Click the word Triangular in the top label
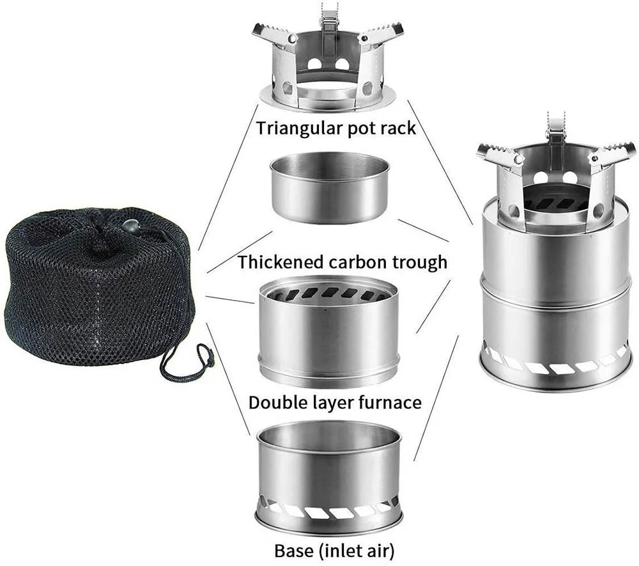click(x=295, y=127)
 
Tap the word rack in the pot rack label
click(x=397, y=127)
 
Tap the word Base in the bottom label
click(x=293, y=550)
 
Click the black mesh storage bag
click(x=96, y=288)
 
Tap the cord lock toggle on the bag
click(x=130, y=226)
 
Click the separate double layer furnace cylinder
click(x=328, y=333)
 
